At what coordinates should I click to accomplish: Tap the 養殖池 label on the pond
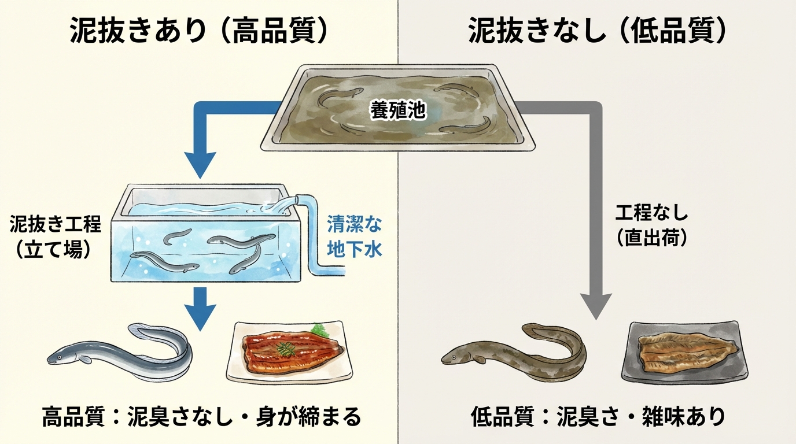pyautogui.click(x=398, y=112)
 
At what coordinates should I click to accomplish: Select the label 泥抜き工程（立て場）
pyautogui.click(x=56, y=237)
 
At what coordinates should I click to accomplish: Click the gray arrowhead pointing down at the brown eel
pyautogui.click(x=595, y=305)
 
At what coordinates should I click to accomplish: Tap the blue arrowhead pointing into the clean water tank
pyautogui.click(x=200, y=165)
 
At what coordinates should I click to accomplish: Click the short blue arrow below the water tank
pyautogui.click(x=200, y=309)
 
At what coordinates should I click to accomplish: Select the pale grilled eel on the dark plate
pyautogui.click(x=686, y=350)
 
